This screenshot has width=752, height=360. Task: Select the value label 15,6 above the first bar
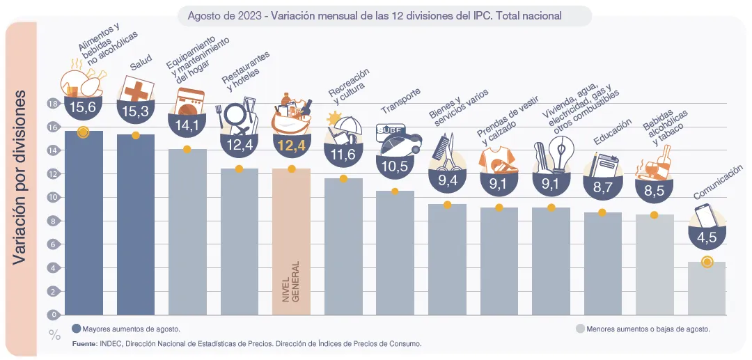pyautogui.click(x=83, y=107)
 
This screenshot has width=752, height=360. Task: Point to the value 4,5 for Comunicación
pyautogui.click(x=707, y=237)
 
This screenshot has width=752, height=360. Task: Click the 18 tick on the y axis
pyautogui.click(x=52, y=104)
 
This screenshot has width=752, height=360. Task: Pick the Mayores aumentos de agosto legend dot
pyautogui.click(x=76, y=329)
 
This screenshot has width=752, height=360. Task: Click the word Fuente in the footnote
pyautogui.click(x=84, y=344)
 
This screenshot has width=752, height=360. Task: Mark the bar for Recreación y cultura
pyautogui.click(x=343, y=246)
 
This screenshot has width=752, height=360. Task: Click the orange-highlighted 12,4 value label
pyautogui.click(x=291, y=146)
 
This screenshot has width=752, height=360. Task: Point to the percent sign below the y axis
pyautogui.click(x=54, y=334)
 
